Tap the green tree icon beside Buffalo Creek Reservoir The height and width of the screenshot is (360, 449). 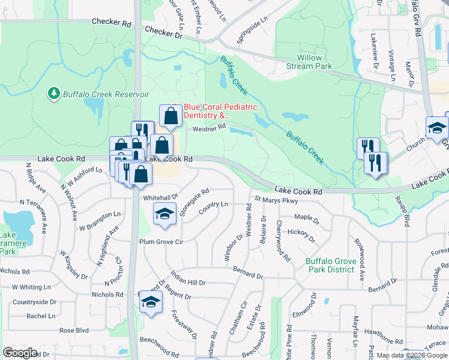pos(53,94)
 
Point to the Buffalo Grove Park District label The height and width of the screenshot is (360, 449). pos(330,265)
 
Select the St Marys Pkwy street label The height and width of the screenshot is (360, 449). pos(276,199)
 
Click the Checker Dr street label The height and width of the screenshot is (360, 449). pos(163,34)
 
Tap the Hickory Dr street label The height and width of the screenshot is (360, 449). pos(301,235)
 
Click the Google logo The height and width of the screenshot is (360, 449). pos(20,353)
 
